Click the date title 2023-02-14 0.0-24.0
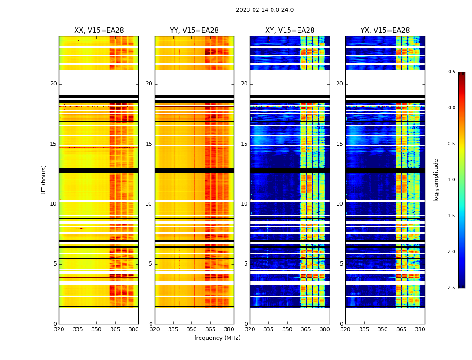coord(264,10)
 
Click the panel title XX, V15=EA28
coord(99,31)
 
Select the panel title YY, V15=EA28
coord(194,31)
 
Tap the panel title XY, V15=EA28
coord(289,31)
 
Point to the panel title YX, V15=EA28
coord(385,31)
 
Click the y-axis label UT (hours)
coord(44,180)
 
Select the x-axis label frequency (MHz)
coord(217,338)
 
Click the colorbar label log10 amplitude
coord(436,180)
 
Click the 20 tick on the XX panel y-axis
coord(53,84)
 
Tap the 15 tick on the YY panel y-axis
coord(149,144)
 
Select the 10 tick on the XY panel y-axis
coord(244,204)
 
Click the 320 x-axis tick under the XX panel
coord(59,329)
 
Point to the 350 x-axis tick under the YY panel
coord(192,329)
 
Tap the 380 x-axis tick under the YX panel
coord(420,329)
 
